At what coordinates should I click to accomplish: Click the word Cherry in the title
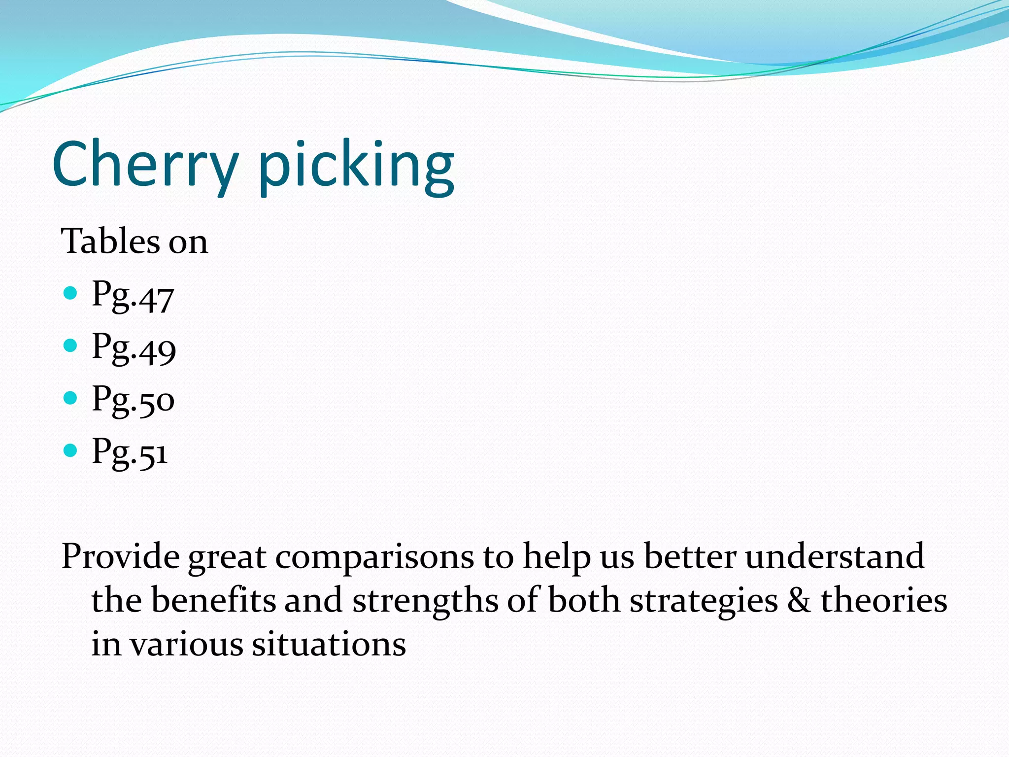(145, 165)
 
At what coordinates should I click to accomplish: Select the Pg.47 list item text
(133, 296)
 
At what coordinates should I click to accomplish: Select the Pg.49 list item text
(134, 349)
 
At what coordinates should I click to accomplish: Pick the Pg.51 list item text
(130, 452)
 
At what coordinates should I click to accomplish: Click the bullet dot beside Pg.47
(71, 294)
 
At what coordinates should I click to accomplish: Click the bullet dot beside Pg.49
(71, 345)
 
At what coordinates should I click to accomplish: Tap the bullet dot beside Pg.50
(71, 398)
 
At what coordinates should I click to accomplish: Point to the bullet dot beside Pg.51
(71, 450)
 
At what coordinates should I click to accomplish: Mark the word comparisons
(374, 557)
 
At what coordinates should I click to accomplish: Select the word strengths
(425, 601)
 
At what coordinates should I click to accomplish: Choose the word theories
(883, 601)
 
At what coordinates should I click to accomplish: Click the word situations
(329, 644)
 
